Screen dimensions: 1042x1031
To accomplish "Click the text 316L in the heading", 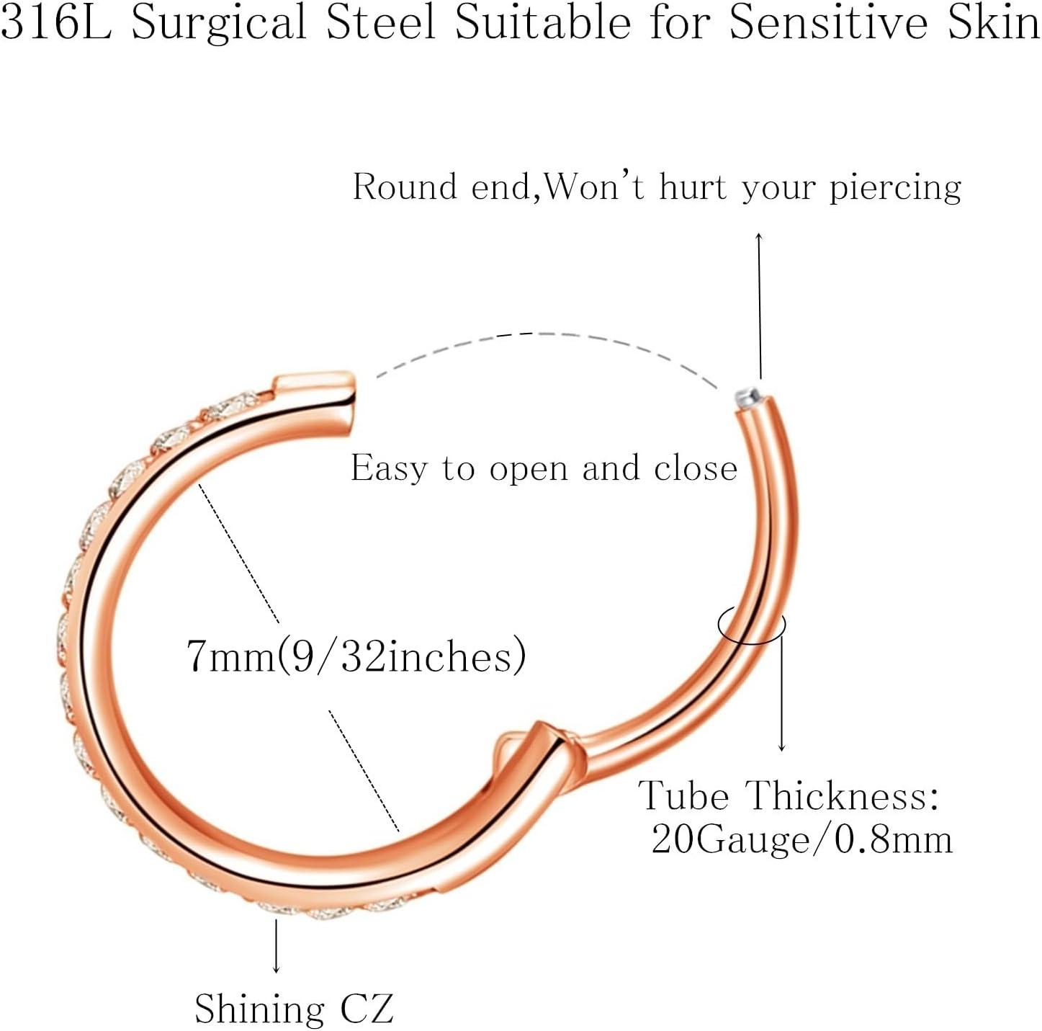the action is tap(56, 23).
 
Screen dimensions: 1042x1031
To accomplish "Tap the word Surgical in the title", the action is tap(219, 24).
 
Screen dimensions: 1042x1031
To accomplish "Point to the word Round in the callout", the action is tap(405, 187).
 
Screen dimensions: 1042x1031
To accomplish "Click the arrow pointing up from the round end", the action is tap(760, 305).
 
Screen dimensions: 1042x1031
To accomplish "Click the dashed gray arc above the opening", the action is tap(541, 334).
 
